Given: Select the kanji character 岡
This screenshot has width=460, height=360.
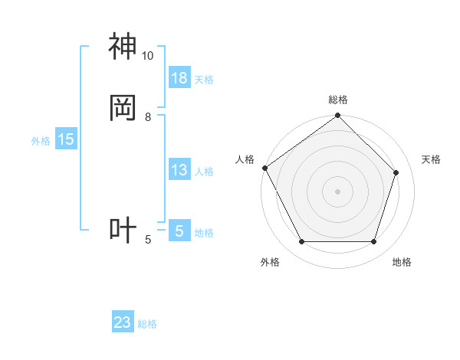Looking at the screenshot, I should (123, 108).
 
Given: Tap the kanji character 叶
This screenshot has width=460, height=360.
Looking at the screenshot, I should (123, 231).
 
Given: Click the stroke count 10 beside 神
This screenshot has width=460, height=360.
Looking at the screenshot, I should (147, 56).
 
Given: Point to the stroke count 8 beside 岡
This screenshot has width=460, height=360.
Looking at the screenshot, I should (148, 117).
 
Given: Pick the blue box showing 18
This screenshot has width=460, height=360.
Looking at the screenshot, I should (179, 78).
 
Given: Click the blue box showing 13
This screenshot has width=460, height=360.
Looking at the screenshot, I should (179, 171).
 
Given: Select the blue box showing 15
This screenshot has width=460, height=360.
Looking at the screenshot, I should (66, 139).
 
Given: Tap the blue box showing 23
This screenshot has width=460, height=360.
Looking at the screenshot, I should (123, 322).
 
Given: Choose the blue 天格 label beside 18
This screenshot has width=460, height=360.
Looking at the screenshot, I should (204, 80).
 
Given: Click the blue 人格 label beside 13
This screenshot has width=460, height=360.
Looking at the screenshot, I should (204, 172).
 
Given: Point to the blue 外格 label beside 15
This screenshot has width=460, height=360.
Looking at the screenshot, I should (41, 141).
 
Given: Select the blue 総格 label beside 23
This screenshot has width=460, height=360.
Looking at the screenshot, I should (147, 324).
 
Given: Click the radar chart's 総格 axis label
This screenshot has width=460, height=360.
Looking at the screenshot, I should (338, 100).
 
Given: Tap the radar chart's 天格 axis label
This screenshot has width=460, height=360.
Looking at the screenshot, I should (431, 159).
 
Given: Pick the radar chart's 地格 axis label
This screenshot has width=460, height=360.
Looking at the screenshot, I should (402, 262).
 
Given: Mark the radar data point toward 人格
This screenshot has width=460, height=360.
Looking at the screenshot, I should (264, 168).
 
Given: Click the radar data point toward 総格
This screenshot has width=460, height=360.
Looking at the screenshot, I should (338, 116).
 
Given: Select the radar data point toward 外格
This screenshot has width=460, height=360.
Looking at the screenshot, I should (301, 242).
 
